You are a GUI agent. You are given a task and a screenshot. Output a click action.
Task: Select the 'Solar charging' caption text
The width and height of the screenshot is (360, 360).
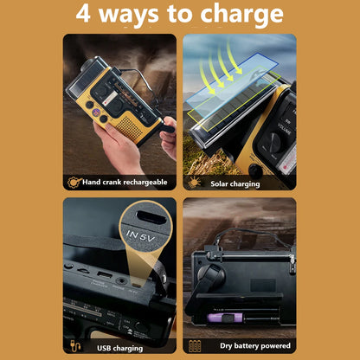[234, 183]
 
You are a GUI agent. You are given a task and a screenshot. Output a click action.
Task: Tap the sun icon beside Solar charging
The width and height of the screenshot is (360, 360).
[194, 182]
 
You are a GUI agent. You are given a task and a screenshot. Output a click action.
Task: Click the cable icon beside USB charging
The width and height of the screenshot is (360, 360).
[74, 346]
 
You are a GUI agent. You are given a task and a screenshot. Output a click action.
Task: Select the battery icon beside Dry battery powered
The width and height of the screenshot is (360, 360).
[194, 346]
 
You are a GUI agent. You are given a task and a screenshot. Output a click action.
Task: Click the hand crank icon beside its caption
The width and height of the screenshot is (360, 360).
[75, 182]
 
